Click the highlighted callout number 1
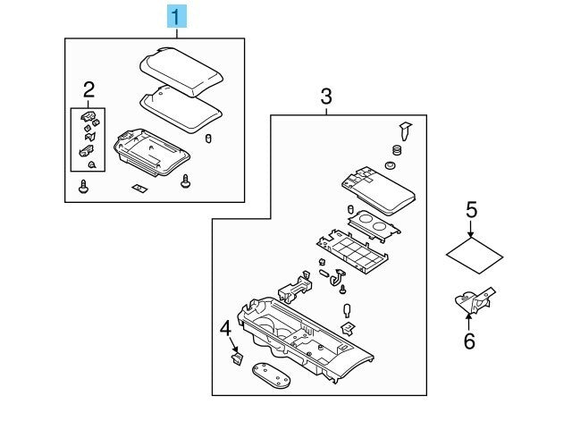(x=177, y=15)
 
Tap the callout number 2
(x=88, y=88)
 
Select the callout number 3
(x=326, y=96)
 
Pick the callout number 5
(x=471, y=210)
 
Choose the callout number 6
(x=469, y=340)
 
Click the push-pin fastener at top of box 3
(x=405, y=131)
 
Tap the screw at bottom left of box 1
(x=84, y=188)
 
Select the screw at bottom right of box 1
(x=186, y=182)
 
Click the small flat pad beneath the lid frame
(x=139, y=188)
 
